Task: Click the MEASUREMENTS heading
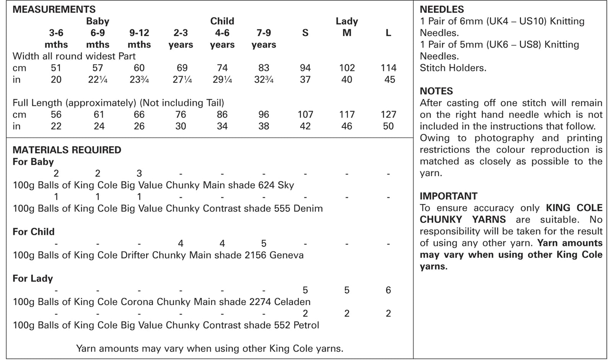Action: pos(54,9)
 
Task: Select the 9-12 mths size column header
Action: pos(139,39)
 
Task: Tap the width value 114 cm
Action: pos(388,68)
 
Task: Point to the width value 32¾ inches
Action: pos(264,80)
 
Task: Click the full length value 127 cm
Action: pos(388,114)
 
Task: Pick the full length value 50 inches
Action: pos(388,126)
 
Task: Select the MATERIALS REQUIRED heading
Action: pos(67,150)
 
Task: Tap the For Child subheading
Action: pos(34,232)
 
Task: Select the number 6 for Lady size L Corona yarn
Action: pos(388,290)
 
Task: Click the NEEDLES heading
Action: pos(442,9)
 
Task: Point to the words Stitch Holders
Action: pos(453,68)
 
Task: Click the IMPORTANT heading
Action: pos(448,196)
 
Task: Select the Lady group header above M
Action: pos(347,21)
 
